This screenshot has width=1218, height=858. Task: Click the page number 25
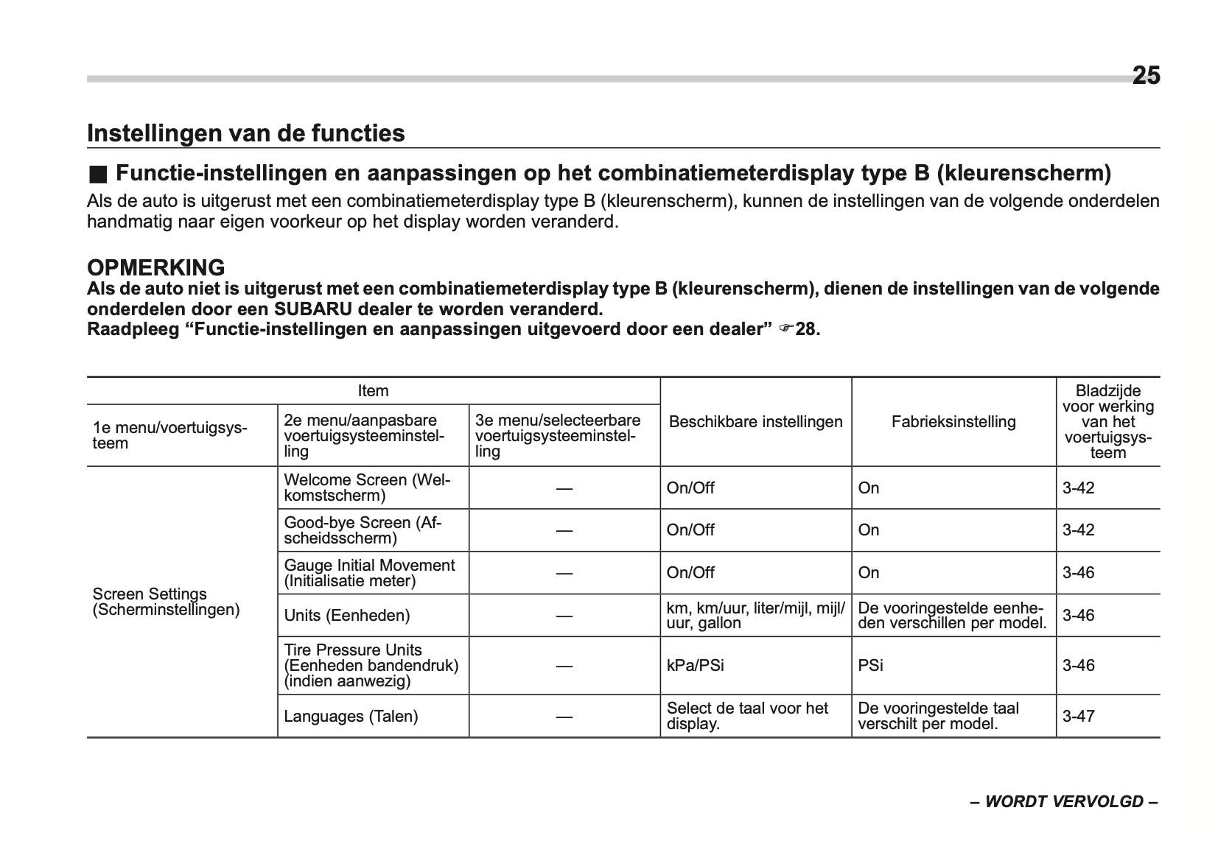pos(1145,76)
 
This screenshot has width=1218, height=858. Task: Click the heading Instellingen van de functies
pos(245,133)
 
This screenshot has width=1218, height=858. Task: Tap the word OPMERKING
pos(155,267)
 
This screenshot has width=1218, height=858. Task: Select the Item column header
pos(373,391)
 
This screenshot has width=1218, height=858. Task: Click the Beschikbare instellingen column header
pos(755,422)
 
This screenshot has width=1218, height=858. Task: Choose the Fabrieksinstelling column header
pos(953,422)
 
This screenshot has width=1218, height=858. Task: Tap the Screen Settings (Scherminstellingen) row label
pos(166,602)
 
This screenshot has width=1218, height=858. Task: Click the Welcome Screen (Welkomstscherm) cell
pos(366,488)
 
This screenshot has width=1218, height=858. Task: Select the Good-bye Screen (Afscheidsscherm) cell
pos(363,530)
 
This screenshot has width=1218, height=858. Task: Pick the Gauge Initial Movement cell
pos(369,573)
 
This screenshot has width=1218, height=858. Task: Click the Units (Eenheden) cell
pos(346,616)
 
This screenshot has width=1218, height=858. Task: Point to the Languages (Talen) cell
pos(351,716)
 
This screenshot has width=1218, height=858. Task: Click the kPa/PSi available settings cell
pos(695,666)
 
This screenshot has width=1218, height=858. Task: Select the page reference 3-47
pos(1078,716)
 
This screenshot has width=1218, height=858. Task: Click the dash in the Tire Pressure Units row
pos(564,666)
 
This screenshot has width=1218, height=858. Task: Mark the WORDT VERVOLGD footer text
pos(1063,802)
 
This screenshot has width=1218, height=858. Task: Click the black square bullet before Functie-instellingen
pos(97,175)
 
